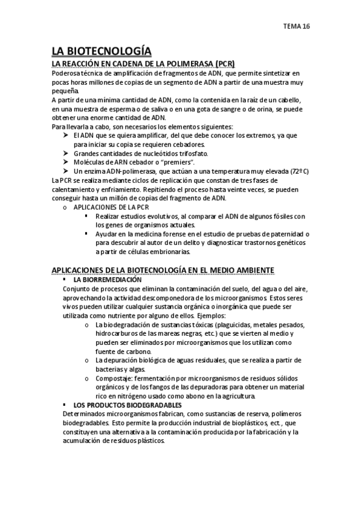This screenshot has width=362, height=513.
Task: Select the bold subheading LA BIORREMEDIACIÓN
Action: click(x=108, y=280)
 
